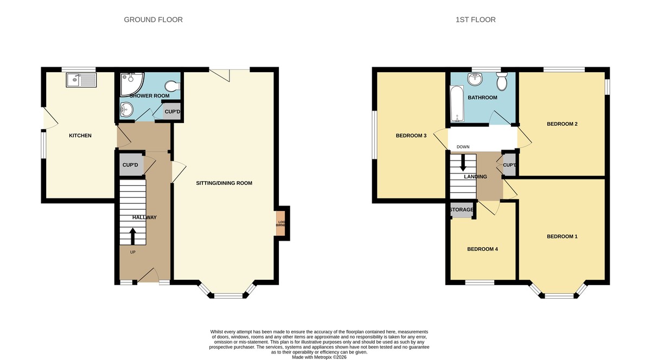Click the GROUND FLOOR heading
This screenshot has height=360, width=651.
pyautogui.click(x=153, y=20)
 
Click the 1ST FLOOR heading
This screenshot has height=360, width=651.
pyautogui.click(x=475, y=20)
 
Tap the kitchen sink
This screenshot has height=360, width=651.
pyautogui.click(x=80, y=81)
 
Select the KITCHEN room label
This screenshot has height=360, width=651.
pyautogui.click(x=80, y=136)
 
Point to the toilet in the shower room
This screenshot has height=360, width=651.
pyautogui.click(x=172, y=87)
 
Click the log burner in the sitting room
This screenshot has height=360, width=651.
pyautogui.click(x=281, y=224)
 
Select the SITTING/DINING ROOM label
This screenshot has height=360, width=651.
pyautogui.click(x=224, y=183)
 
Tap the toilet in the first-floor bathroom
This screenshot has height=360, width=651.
pyautogui.click(x=501, y=82)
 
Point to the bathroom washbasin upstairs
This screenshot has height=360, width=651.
pyautogui.click(x=476, y=80)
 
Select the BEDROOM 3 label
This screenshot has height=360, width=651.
pyautogui.click(x=411, y=136)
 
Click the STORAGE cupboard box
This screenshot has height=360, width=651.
pyautogui.click(x=462, y=210)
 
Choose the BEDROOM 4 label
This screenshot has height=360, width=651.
pyautogui.click(x=482, y=249)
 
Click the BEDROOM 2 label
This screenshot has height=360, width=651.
pyautogui.click(x=561, y=124)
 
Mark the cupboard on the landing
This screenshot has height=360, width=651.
pyautogui.click(x=509, y=166)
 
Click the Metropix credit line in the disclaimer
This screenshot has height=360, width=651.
pyautogui.click(x=319, y=357)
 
